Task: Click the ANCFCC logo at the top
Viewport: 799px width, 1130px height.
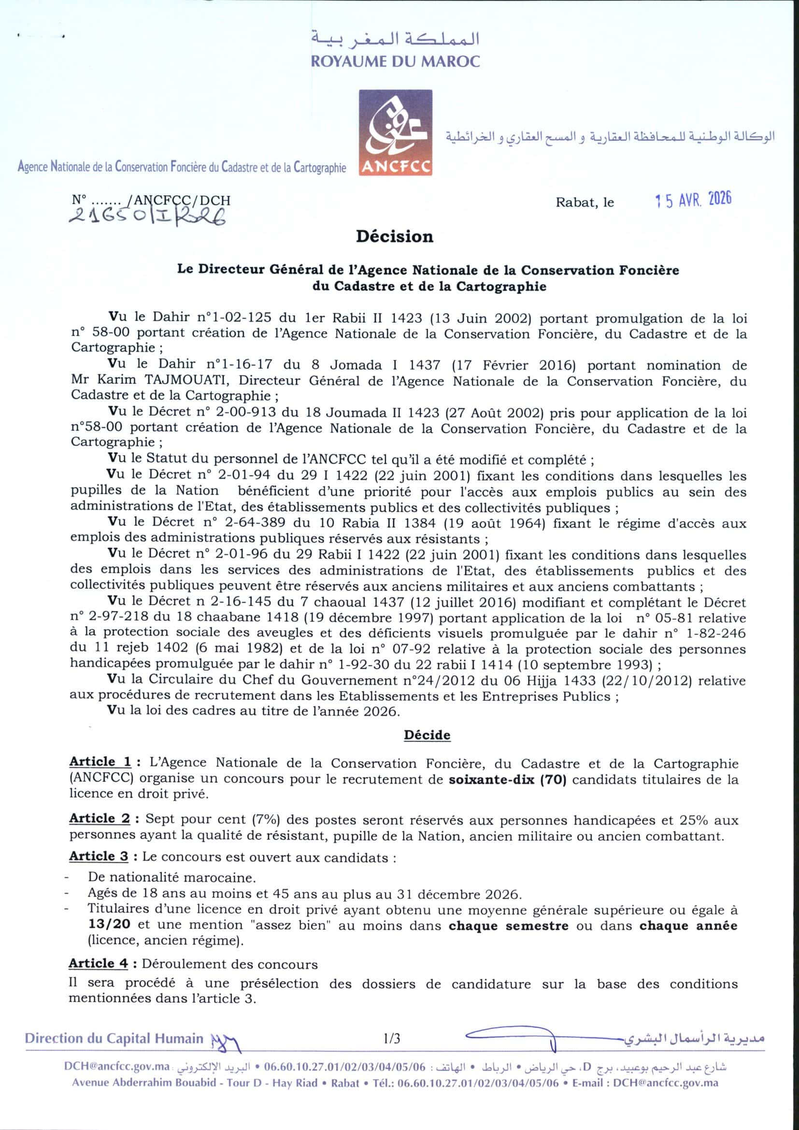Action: click(x=396, y=132)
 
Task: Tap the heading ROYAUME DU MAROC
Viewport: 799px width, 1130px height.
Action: click(x=395, y=61)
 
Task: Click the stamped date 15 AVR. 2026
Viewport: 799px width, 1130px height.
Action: click(x=693, y=200)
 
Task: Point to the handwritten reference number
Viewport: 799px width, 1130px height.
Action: click(x=148, y=215)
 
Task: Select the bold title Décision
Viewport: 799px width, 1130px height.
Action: click(x=395, y=237)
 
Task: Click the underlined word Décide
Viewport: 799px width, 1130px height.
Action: click(x=427, y=735)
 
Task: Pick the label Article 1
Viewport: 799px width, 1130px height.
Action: click(x=100, y=762)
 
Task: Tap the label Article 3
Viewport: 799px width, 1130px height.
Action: click(x=99, y=856)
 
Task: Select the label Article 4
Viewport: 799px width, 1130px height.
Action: click(x=99, y=963)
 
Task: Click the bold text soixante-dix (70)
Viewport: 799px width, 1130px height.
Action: click(x=508, y=780)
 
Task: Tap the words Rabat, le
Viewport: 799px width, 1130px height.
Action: click(x=585, y=203)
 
